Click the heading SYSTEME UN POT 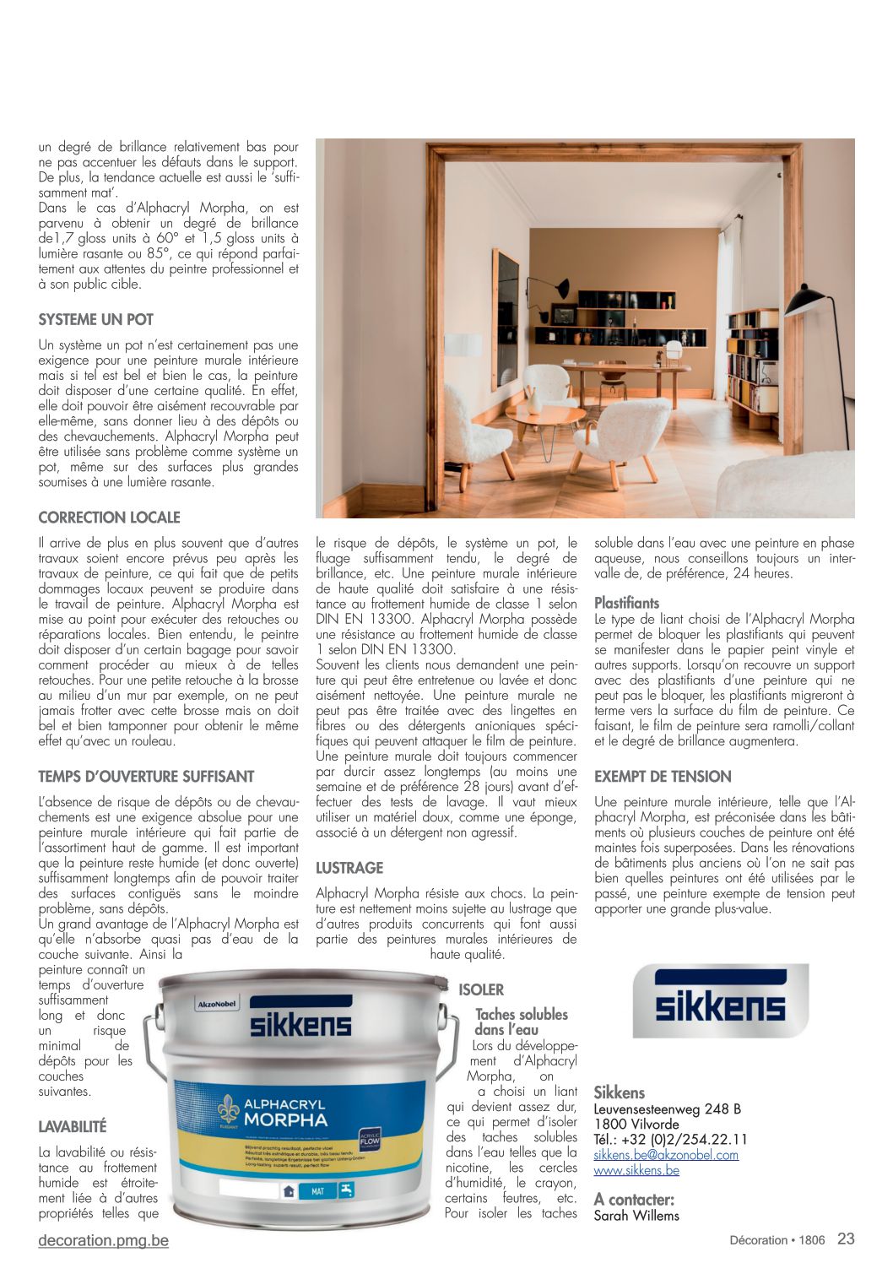pos(95,320)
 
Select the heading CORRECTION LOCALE pos(109,518)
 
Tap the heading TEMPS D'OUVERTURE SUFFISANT pos(146,777)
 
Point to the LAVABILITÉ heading pos(73,1127)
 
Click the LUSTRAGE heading pos(349,868)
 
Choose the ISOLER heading pos(481,990)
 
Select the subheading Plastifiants pos(626,603)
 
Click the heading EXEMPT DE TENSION pos(663,777)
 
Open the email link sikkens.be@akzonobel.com pos(666,1155)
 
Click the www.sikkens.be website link pos(636,1170)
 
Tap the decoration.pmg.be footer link pos(103,1240)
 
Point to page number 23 pos(846,1239)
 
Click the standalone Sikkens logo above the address pos(720,1001)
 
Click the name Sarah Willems pos(636,1216)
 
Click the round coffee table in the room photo pos(544,416)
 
